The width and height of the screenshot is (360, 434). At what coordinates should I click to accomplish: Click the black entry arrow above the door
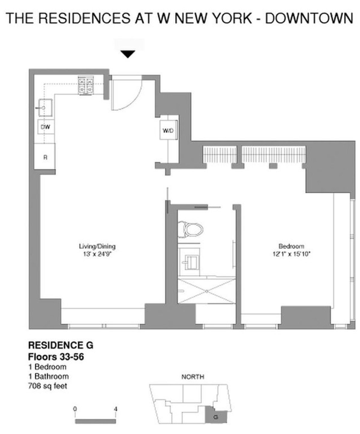tap(128, 54)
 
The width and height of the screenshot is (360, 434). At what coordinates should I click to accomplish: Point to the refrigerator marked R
tap(45, 157)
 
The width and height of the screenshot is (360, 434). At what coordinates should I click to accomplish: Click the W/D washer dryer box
tap(168, 131)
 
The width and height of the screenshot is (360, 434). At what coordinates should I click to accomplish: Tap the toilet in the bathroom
tap(191, 230)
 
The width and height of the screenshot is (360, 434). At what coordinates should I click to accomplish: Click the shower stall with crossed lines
tap(207, 291)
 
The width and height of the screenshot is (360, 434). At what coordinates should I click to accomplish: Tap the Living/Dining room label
tap(97, 246)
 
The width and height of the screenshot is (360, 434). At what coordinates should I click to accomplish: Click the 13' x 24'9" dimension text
tap(97, 254)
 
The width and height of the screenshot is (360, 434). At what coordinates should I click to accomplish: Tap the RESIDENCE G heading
tap(61, 345)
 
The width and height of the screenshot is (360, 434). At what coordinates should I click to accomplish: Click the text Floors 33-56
tap(56, 357)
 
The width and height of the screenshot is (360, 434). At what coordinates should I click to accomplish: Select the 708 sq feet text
tap(47, 386)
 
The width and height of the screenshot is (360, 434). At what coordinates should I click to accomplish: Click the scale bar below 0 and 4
tap(95, 422)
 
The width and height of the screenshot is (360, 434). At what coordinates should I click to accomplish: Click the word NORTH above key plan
tap(193, 377)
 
